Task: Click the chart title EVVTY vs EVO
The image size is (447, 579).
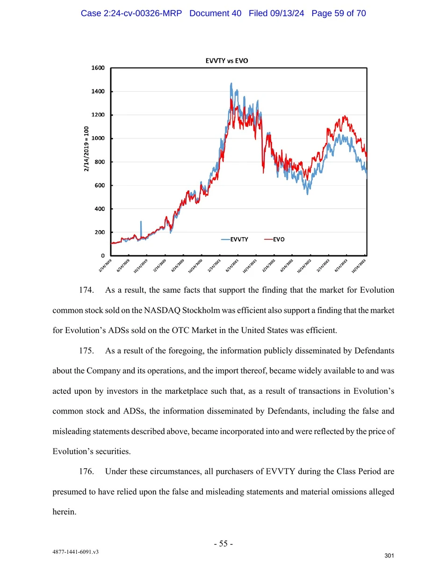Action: click(x=227, y=61)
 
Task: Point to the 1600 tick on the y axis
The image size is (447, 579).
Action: click(x=98, y=68)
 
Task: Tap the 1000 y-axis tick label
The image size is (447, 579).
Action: click(x=98, y=138)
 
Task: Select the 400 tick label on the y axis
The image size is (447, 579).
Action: click(x=100, y=209)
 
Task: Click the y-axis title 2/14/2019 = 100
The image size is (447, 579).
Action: click(x=87, y=149)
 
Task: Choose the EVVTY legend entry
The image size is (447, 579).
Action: click(x=235, y=239)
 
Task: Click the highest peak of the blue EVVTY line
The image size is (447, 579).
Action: click(x=231, y=84)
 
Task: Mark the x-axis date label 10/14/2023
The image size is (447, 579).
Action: click(x=359, y=266)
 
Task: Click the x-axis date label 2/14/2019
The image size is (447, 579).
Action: click(x=105, y=265)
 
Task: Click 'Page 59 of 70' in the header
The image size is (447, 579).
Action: click(x=339, y=13)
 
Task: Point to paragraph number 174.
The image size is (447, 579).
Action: click(x=86, y=290)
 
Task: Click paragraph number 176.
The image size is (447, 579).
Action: click(x=86, y=471)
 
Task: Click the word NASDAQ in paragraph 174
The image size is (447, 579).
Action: click(x=162, y=311)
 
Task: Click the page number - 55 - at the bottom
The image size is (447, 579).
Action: click(x=223, y=543)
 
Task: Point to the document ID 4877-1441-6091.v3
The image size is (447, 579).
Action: click(x=75, y=552)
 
